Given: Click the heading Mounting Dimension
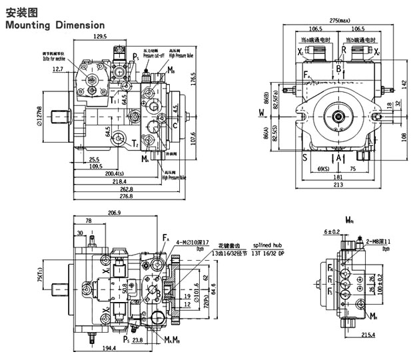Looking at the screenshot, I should point(55,25).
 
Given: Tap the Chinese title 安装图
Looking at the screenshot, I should point(19,11).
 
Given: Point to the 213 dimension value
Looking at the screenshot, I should point(338,185).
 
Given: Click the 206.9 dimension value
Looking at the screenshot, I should point(114,213).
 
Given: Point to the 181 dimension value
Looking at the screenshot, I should point(338,177).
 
